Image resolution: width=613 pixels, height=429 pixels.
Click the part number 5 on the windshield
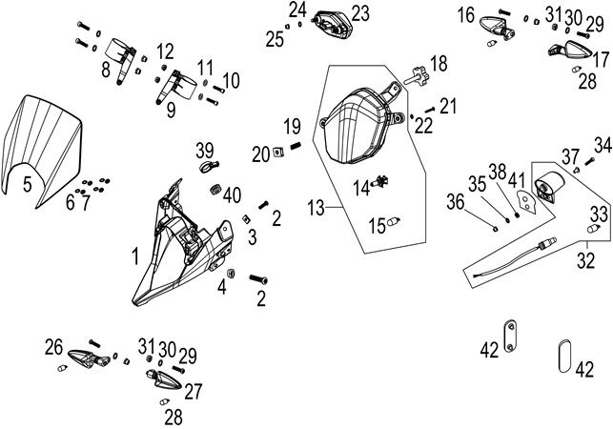coord(28,184)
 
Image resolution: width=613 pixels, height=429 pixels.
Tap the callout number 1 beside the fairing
coord(136,255)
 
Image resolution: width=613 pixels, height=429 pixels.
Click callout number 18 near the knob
coord(438,64)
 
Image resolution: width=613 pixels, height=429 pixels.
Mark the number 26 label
coord(53,346)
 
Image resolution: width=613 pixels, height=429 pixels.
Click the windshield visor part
coord(46,143)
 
